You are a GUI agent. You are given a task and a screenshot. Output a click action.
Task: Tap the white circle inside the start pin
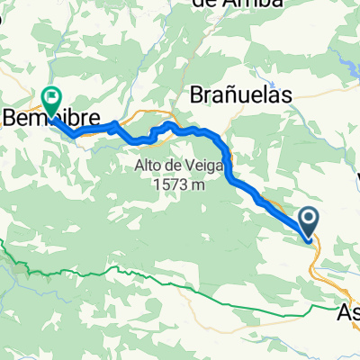click(309, 217)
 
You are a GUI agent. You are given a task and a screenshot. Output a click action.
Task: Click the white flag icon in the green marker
click(50, 94)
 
